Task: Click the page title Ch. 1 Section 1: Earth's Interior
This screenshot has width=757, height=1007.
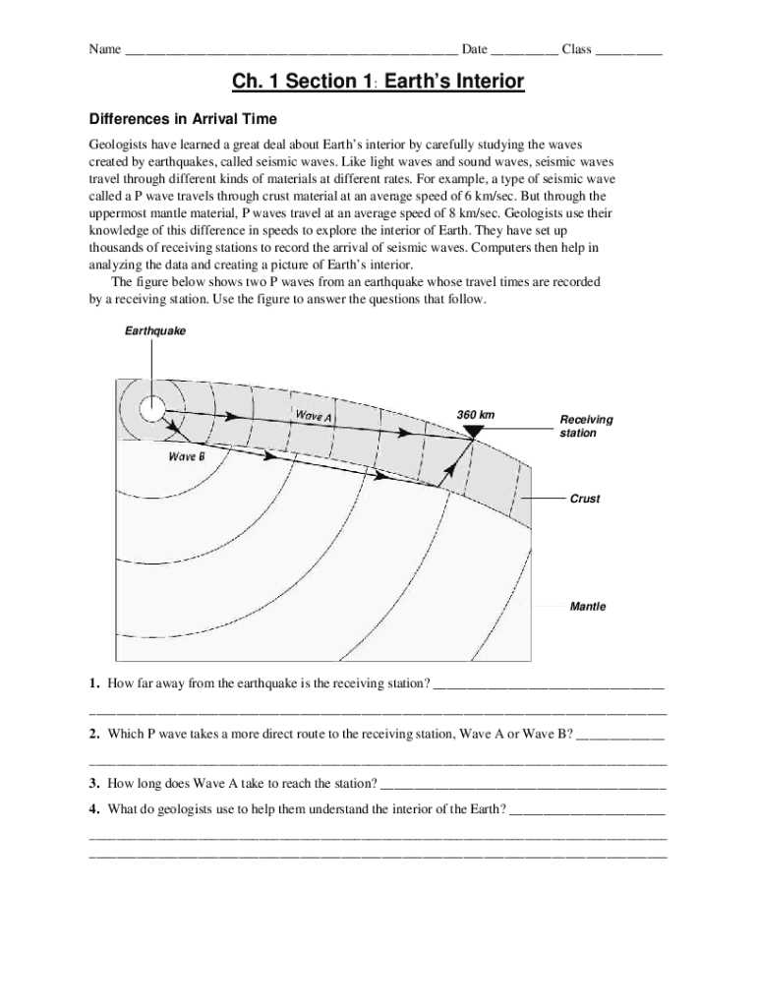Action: tap(378, 82)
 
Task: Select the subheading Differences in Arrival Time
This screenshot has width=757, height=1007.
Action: tap(184, 119)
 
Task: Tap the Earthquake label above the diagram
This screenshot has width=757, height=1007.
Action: tap(154, 331)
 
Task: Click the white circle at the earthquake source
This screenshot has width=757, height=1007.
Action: tap(151, 407)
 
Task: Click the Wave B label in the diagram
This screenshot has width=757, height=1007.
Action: tap(186, 456)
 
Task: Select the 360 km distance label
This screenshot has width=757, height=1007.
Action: tap(476, 414)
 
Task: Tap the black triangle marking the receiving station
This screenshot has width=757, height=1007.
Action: tap(474, 432)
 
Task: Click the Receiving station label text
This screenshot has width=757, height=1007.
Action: tap(586, 426)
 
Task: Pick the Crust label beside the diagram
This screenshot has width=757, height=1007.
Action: tap(585, 499)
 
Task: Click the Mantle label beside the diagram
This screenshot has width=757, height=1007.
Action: tap(588, 607)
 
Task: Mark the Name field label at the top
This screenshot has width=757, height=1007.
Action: tap(105, 49)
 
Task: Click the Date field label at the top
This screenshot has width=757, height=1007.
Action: tap(475, 49)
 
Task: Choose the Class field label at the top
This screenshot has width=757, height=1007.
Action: tap(576, 49)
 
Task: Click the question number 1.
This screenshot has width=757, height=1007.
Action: tap(93, 682)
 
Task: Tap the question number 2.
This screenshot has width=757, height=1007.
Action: tap(93, 734)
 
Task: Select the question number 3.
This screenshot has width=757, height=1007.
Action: tap(93, 784)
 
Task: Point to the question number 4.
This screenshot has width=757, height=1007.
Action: tap(93, 809)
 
